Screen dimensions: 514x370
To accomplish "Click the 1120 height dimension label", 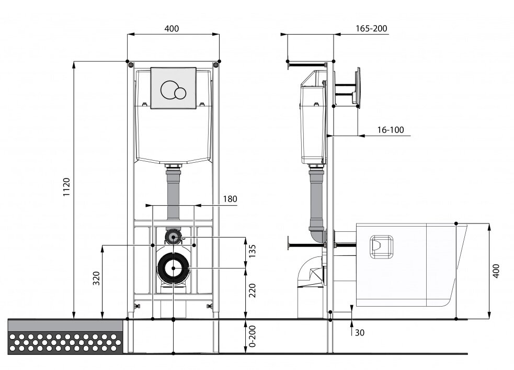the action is (66, 187).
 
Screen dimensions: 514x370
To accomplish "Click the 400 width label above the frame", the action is (172, 29).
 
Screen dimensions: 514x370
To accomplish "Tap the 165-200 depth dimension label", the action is (371, 29).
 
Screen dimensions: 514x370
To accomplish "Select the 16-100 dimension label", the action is (391, 130).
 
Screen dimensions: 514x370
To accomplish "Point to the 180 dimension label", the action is (230, 199).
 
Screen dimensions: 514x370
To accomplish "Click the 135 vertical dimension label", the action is (252, 251).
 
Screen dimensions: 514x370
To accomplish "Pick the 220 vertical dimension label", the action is (252, 290).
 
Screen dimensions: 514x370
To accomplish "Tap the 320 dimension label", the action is (96, 278).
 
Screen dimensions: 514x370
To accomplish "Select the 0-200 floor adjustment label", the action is (252, 336).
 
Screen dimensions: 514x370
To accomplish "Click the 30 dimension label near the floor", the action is (360, 333).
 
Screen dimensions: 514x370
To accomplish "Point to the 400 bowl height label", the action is (496, 271).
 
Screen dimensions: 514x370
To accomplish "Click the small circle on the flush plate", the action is (180, 94).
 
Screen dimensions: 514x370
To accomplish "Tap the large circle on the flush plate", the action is (169, 89).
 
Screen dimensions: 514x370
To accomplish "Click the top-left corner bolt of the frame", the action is (131, 65).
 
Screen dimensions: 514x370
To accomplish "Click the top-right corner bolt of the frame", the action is (216, 65).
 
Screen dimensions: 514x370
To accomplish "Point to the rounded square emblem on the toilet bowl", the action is (381, 246).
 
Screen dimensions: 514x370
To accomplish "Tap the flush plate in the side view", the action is (358, 87).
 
